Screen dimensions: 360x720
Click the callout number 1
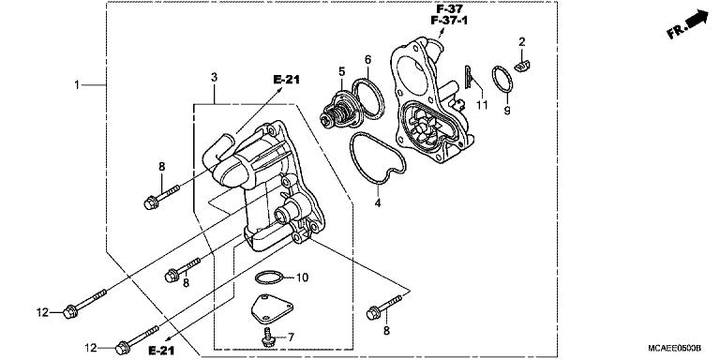[78, 84]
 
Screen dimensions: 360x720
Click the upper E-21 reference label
[286, 82]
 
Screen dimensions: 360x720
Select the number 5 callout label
[342, 71]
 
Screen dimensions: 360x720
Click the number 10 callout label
[301, 277]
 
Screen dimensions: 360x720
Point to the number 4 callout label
[378, 202]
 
